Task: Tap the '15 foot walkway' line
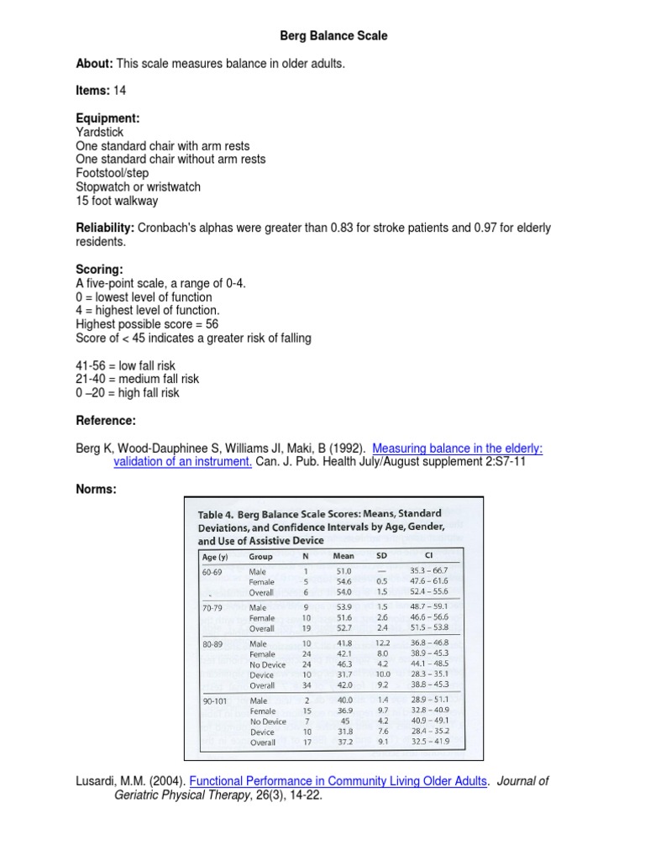(116, 201)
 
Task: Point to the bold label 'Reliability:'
(105, 228)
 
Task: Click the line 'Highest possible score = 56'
(147, 324)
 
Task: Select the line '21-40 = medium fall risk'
(137, 379)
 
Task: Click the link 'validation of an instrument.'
(183, 462)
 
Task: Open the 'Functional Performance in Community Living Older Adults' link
(338, 781)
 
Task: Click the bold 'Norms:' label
(97, 490)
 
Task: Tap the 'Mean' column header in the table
(343, 556)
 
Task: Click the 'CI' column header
(429, 555)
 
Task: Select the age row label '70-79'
(212, 606)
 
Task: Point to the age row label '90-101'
(216, 700)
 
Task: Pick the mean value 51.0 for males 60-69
(343, 571)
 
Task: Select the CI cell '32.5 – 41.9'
(429, 742)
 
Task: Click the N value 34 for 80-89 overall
(306, 685)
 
